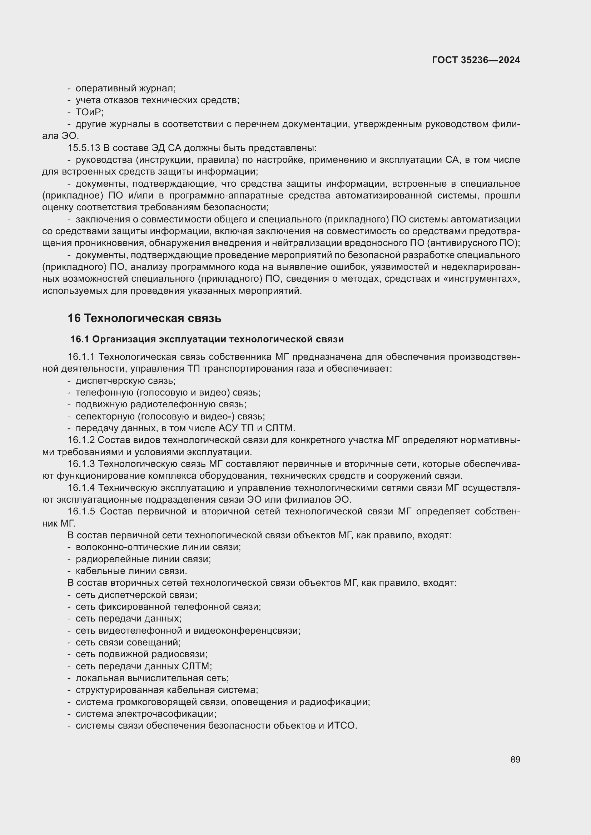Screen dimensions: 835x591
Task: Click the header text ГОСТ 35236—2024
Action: coord(476,60)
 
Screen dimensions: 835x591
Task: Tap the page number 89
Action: coord(515,759)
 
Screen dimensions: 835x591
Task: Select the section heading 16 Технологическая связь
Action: coord(144,318)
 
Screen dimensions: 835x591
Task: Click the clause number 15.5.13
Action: coord(84,148)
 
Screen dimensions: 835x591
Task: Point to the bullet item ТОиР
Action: coord(89,112)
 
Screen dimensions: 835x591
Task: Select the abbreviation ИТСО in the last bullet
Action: coord(341,725)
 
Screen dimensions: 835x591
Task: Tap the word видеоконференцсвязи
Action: coord(247,630)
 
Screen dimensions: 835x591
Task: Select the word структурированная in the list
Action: coord(119,690)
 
